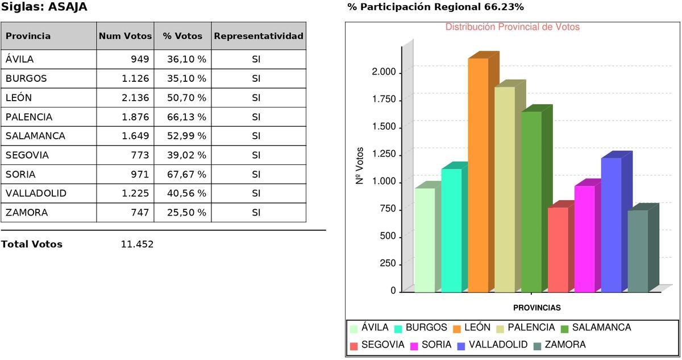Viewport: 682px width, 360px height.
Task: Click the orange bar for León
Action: (478, 176)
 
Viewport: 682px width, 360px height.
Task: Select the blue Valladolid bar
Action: (611, 225)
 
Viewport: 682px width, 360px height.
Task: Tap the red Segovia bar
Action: (558, 250)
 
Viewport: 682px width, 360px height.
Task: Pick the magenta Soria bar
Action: (584, 239)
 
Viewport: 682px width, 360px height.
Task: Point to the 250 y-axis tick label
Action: (386, 264)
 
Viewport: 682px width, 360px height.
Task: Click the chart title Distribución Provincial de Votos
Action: (512, 27)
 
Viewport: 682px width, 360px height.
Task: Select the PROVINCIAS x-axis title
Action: (537, 308)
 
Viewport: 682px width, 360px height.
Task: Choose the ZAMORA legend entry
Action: (564, 345)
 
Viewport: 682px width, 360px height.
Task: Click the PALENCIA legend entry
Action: (530, 328)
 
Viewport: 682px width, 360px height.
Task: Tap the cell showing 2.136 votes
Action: (135, 98)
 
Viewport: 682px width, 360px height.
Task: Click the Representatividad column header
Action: (259, 36)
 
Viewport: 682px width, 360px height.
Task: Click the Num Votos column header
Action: (125, 36)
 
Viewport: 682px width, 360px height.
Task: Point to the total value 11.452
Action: (137, 245)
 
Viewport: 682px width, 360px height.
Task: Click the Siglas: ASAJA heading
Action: (44, 7)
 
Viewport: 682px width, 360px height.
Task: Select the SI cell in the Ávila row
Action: (256, 59)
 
